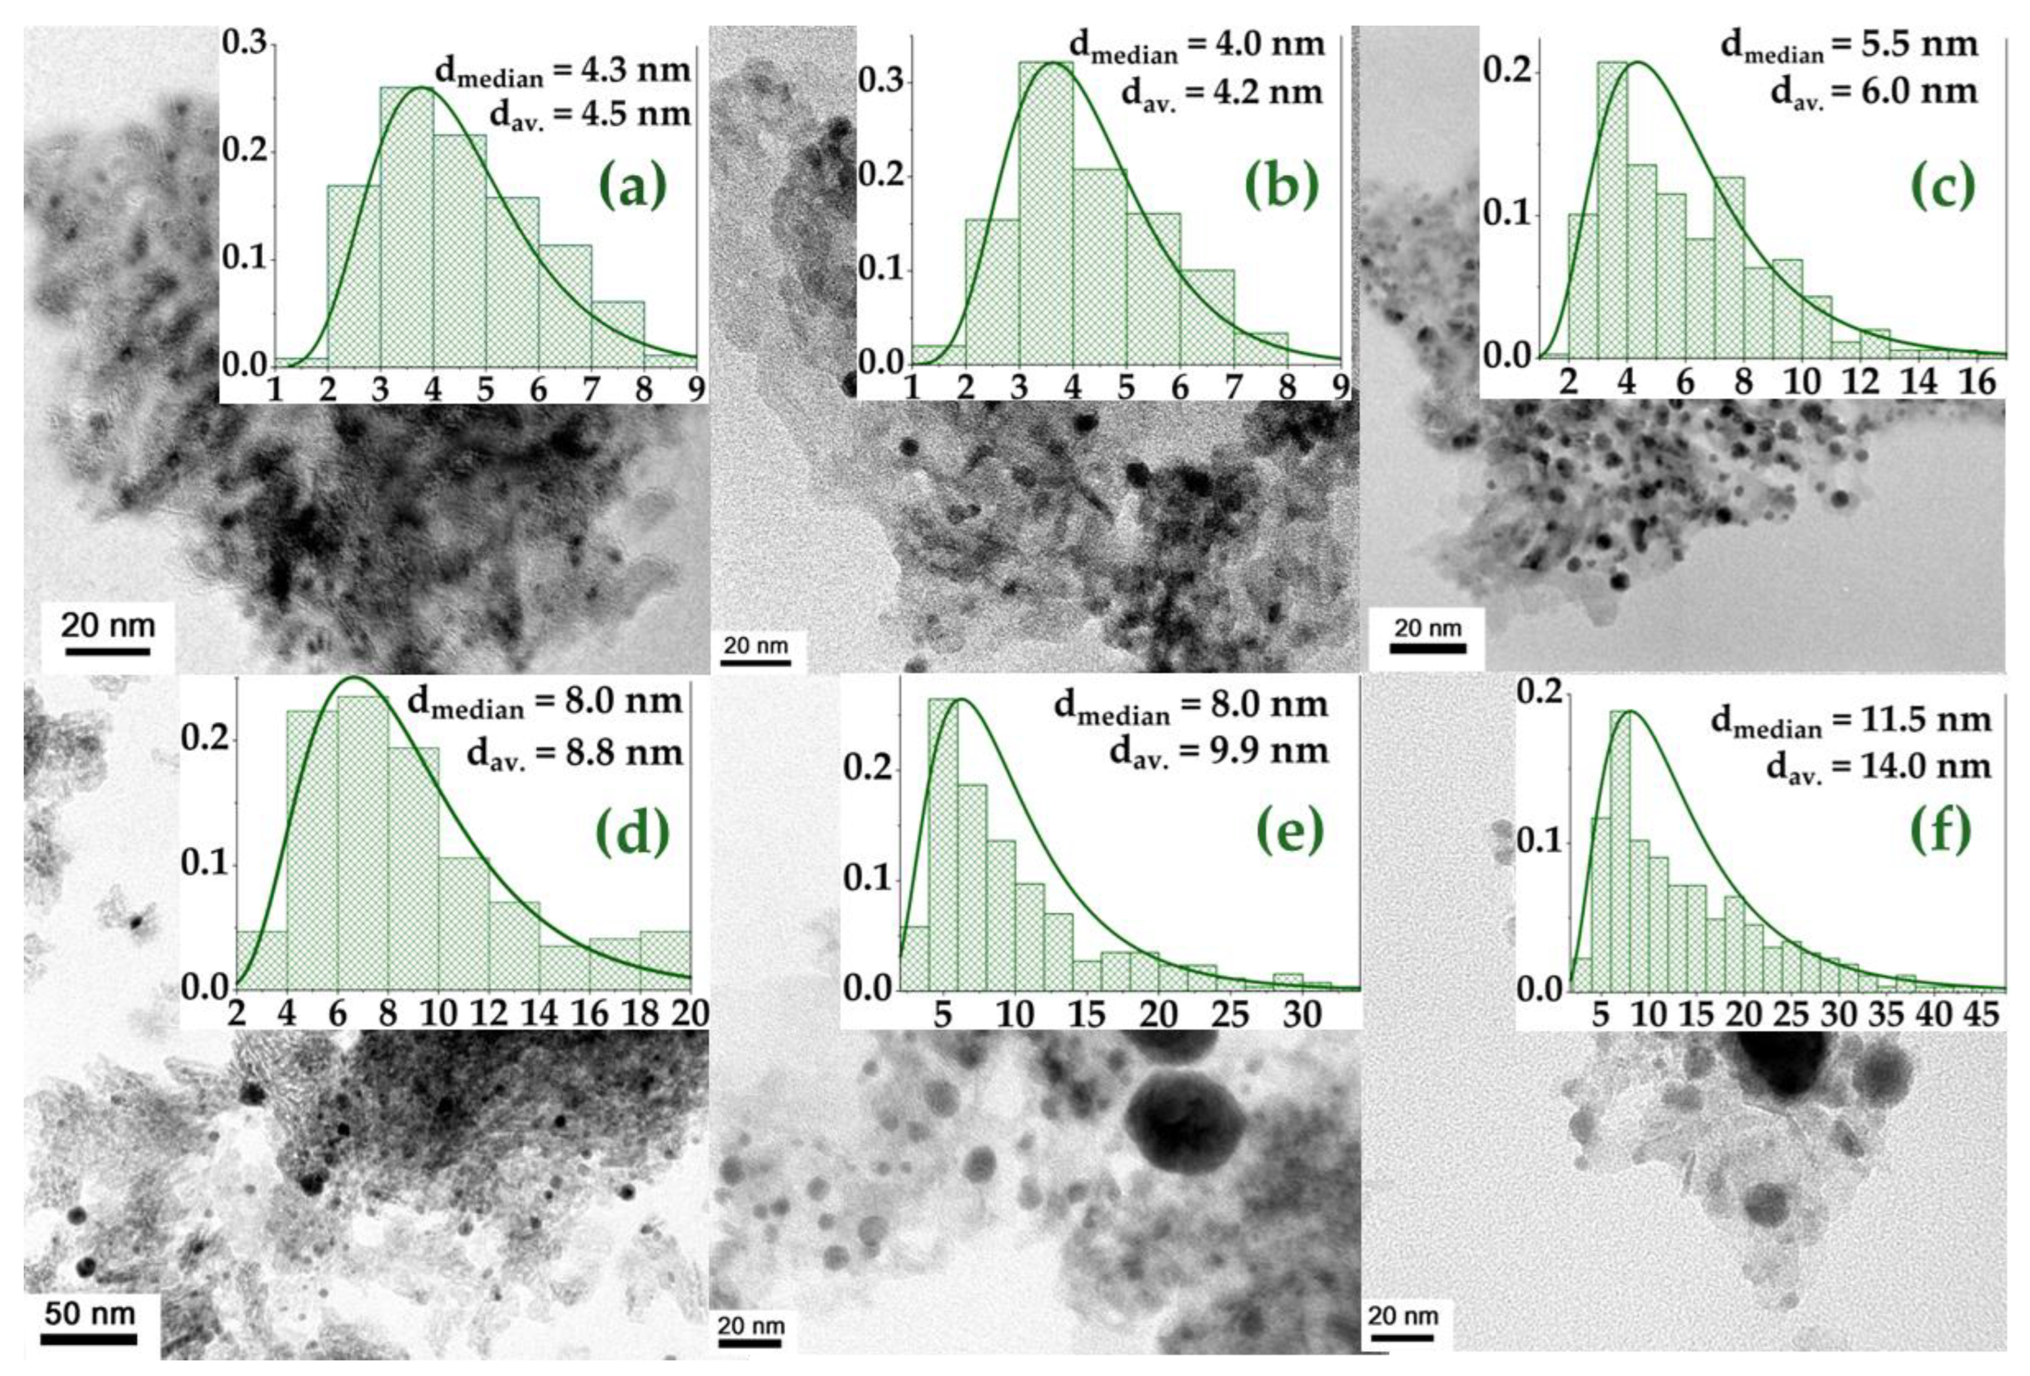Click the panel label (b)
pos(1281,186)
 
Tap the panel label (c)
pos(1943,186)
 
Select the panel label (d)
pos(632,831)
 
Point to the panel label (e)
pos(1289,831)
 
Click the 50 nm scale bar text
pos(89,1313)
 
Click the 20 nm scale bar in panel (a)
pos(107,651)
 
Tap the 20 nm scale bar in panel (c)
pos(1427,648)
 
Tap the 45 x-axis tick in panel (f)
pos(1980,1014)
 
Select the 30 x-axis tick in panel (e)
pos(1302,1015)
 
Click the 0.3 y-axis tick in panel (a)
pos(243,43)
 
